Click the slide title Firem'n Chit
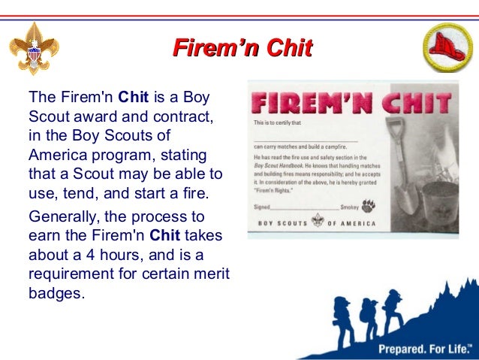[243, 50]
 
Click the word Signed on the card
[261, 207]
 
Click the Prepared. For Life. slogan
[424, 349]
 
